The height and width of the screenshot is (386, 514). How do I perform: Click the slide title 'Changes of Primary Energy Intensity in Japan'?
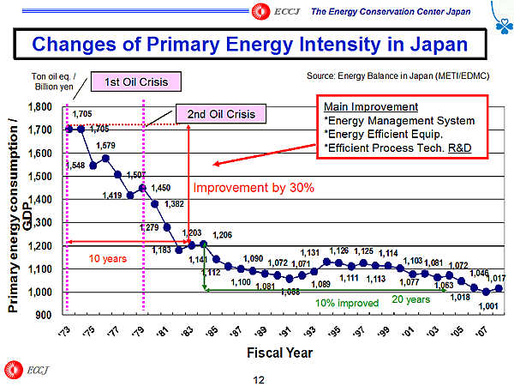(256, 44)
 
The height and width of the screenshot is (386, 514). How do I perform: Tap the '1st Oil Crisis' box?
(142, 82)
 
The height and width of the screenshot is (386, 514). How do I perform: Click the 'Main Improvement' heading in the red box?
(371, 107)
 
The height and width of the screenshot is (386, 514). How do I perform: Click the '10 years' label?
(108, 256)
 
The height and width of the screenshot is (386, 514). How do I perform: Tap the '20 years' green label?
(410, 299)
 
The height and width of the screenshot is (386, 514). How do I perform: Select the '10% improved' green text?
(346, 303)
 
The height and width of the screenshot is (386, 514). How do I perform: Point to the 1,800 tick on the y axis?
(39, 107)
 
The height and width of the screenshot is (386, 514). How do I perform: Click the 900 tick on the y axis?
(43, 316)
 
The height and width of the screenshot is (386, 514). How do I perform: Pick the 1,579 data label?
(106, 146)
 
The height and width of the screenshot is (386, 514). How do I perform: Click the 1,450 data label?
(160, 188)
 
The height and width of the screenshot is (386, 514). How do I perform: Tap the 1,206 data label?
(223, 235)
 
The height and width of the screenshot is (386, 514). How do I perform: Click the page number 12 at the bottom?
(257, 377)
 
